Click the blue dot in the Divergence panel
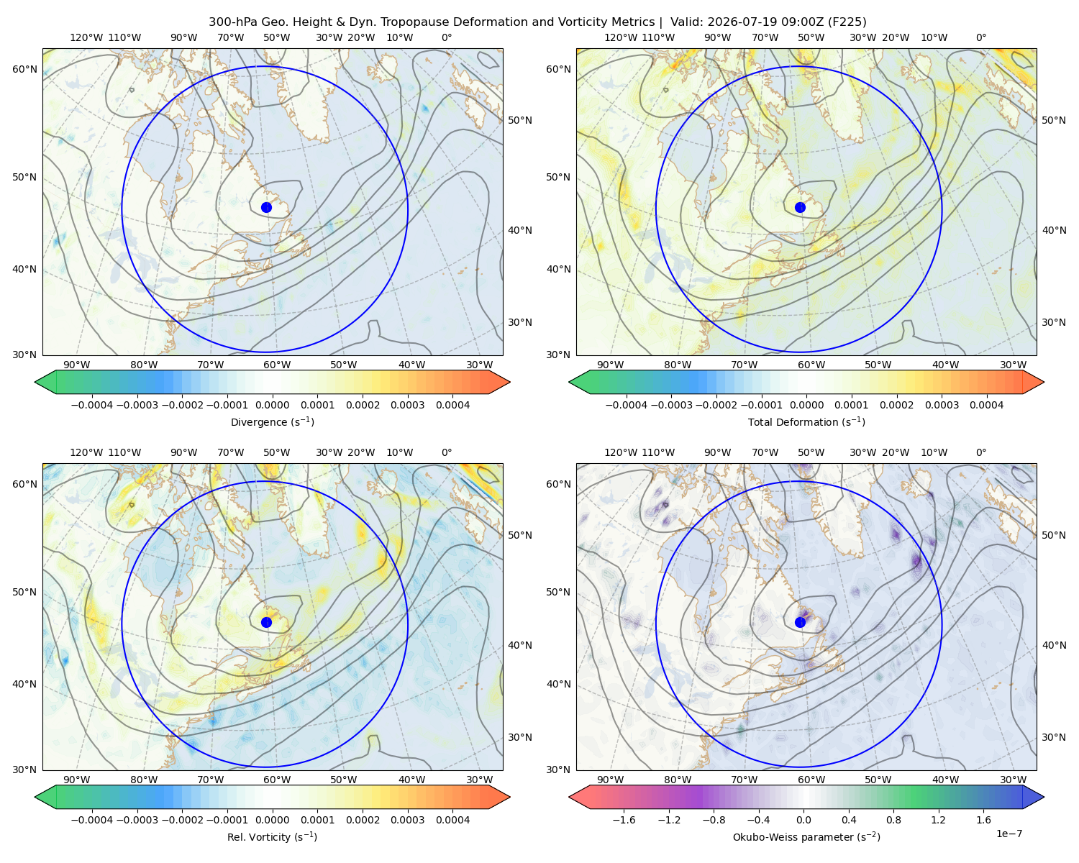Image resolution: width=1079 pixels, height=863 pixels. pyautogui.click(x=266, y=208)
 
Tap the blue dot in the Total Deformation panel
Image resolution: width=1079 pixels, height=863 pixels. pyautogui.click(x=800, y=208)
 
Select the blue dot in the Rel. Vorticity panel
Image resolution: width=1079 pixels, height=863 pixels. pyautogui.click(x=266, y=622)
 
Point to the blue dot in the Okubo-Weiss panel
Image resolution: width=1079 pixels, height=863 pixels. pyautogui.click(x=800, y=622)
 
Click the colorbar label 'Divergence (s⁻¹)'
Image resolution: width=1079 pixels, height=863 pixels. pyautogui.click(x=272, y=421)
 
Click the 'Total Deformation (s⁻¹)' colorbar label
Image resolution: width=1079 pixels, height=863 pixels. pyautogui.click(x=806, y=421)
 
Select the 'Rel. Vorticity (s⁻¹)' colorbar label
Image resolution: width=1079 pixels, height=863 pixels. pyautogui.click(x=272, y=837)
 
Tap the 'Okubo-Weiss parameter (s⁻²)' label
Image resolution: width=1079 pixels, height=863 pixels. pyautogui.click(x=806, y=837)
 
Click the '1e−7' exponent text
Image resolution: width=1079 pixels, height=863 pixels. pyautogui.click(x=1009, y=834)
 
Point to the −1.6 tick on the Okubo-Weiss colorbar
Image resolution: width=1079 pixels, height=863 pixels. pyautogui.click(x=624, y=820)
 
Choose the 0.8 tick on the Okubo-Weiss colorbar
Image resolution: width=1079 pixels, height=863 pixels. pyautogui.click(x=893, y=820)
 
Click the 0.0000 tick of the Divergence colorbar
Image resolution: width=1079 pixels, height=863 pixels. pyautogui.click(x=272, y=405)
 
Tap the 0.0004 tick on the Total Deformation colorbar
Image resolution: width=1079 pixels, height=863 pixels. pyautogui.click(x=986, y=405)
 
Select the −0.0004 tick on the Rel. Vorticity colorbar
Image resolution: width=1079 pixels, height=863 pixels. pyautogui.click(x=92, y=820)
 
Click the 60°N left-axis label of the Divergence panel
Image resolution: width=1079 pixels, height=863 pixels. pyautogui.click(x=25, y=69)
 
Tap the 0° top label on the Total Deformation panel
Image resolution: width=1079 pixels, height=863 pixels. pyautogui.click(x=980, y=37)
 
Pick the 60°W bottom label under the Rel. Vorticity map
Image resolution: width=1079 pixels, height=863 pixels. pyautogui.click(x=277, y=780)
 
